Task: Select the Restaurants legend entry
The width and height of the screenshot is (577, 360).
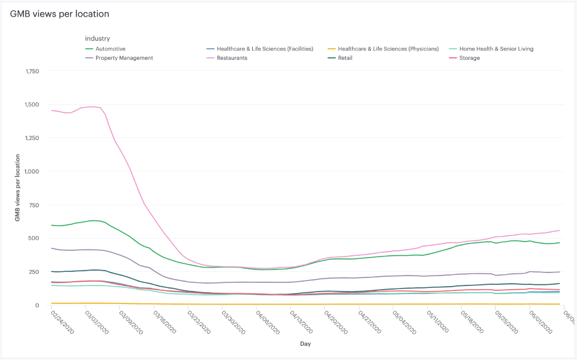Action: point(231,58)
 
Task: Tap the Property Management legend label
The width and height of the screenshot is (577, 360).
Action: point(125,58)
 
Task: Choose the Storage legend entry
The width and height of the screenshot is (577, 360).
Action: point(469,58)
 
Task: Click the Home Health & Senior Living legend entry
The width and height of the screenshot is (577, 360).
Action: point(496,49)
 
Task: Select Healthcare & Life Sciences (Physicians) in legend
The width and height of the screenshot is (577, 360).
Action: point(388,49)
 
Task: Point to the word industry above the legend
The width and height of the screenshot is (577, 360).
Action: point(97,38)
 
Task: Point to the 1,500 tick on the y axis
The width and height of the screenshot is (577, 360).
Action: point(32,104)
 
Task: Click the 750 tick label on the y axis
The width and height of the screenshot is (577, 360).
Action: point(35,205)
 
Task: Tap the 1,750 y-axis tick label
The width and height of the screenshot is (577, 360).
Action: point(32,71)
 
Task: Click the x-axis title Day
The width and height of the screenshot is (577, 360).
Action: point(306,343)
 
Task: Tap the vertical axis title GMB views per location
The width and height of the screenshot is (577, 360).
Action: point(18,188)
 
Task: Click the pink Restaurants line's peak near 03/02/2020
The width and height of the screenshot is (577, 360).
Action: point(92,107)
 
